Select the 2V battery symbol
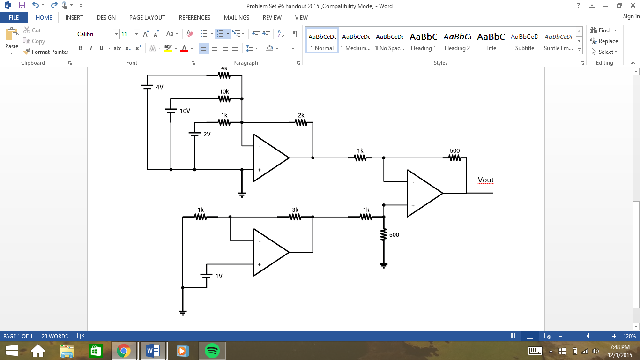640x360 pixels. tap(194, 134)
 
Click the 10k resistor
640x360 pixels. tap(224, 99)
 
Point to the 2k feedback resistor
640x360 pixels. tap(301, 122)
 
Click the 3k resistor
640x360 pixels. tap(295, 217)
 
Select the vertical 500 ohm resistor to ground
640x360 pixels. tap(384, 235)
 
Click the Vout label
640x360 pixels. tap(485, 180)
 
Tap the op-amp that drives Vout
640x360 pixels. tap(422, 193)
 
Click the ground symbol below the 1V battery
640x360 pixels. tap(183, 312)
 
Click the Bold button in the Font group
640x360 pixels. tap(81, 48)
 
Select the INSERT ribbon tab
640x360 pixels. tap(74, 17)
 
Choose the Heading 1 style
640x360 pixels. tap(423, 41)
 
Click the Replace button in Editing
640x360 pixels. tap(604, 41)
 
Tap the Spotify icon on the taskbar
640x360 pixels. tap(212, 350)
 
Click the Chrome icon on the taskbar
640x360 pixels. tap(124, 350)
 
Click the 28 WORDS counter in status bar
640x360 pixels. tap(55, 336)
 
